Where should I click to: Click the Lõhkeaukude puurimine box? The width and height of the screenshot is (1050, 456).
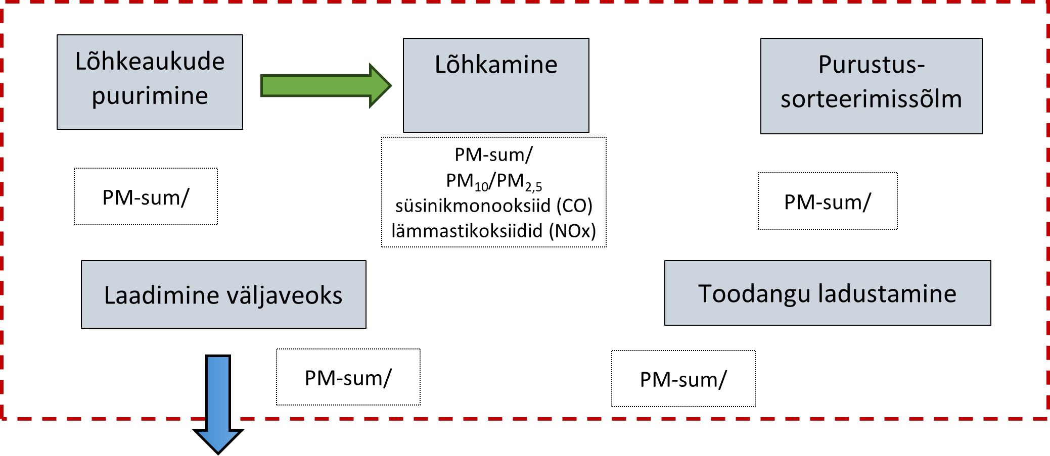150,82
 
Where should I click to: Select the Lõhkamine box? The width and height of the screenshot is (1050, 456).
496,85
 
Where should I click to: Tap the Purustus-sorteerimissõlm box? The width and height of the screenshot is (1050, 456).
871,86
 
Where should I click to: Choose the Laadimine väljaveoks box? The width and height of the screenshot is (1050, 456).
223,294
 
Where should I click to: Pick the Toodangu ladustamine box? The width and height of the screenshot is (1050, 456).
827,293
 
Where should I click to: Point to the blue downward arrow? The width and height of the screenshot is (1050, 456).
218,404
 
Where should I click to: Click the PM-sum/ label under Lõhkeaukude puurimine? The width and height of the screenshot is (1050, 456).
146,197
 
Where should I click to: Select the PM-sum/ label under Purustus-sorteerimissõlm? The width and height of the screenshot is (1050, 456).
828,201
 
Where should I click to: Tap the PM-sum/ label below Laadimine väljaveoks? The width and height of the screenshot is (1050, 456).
348,377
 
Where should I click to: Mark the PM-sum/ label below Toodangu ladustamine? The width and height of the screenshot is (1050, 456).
683,379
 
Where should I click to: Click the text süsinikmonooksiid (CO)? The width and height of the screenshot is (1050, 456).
493,206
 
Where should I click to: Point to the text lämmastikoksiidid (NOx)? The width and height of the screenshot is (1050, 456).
493,231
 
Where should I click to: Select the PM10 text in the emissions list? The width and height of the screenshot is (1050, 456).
466,181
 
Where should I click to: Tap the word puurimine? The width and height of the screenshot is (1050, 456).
150,96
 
